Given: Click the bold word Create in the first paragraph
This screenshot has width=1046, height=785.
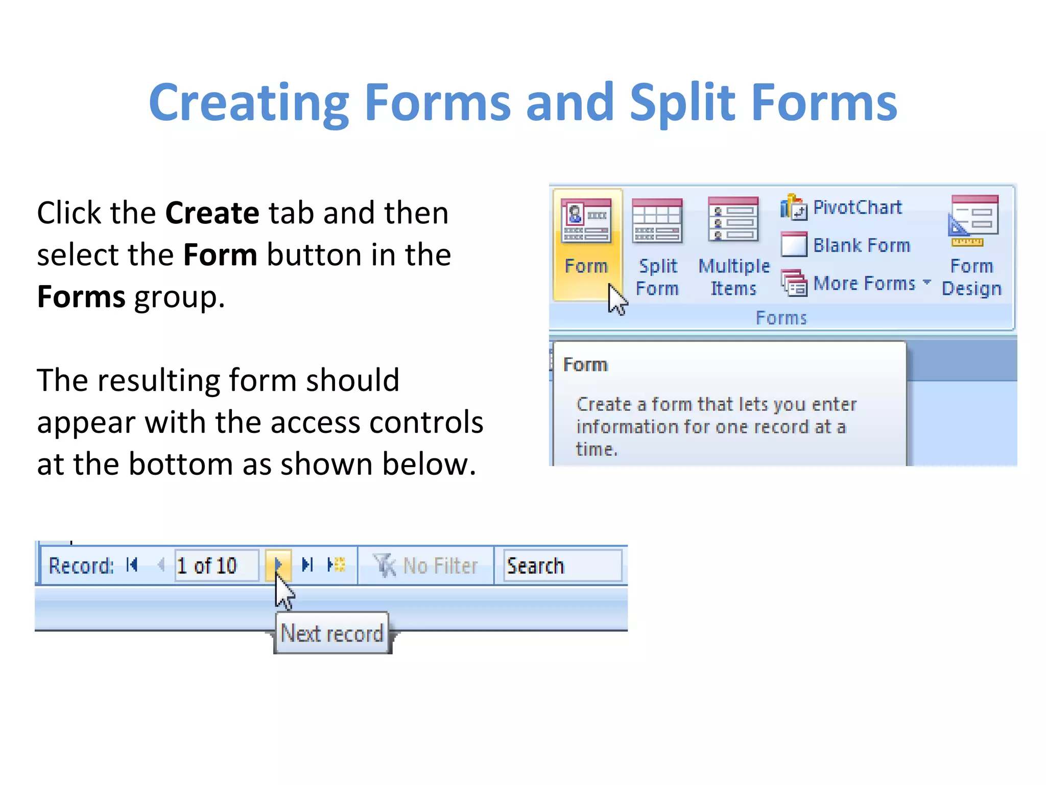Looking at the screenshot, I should coord(212,213).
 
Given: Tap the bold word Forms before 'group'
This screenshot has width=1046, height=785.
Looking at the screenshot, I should coord(81,297).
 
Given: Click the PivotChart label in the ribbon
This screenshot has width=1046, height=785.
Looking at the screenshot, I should coord(857,207).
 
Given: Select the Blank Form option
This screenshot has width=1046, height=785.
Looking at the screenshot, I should coord(861,245).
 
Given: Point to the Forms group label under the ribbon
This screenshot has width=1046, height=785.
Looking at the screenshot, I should coord(781,318).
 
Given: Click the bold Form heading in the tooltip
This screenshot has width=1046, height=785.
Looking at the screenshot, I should coord(585,365).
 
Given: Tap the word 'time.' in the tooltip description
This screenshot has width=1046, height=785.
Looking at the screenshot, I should coord(597,449).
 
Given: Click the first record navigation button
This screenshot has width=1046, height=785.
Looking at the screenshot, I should coord(132,565).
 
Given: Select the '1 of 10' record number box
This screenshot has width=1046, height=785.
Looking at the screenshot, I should coord(216,566).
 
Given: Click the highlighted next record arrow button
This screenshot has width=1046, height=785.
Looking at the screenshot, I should coord(278,565).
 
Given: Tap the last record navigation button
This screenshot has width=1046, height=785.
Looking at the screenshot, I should coord(307,565).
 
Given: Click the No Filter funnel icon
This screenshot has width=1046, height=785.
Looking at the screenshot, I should coord(384,566).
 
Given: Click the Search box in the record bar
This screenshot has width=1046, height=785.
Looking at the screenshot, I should coord(562,566).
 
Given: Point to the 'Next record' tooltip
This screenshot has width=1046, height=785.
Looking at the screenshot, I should coord(332,634).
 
